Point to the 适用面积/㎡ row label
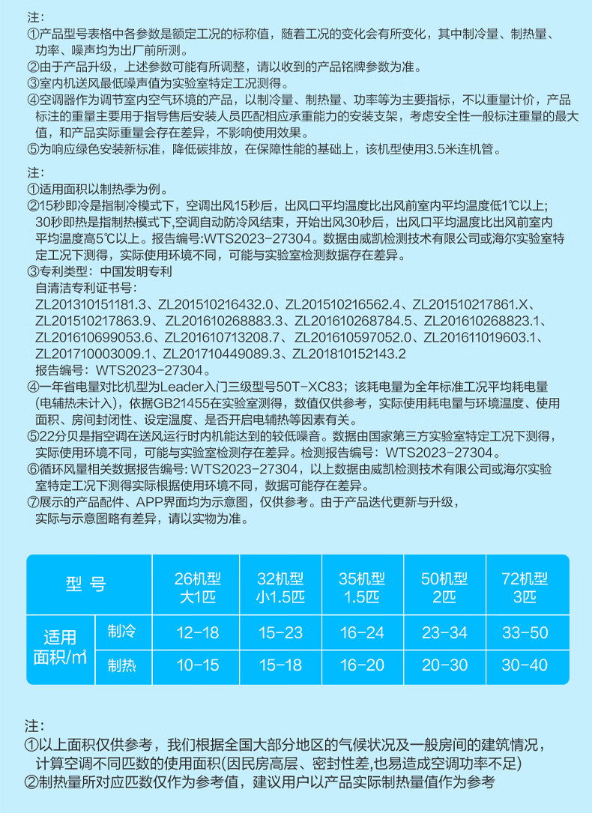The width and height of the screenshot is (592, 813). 61,649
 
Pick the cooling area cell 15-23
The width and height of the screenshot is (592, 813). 280,632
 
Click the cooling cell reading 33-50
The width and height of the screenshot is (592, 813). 526,632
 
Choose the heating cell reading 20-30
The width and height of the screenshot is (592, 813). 445,665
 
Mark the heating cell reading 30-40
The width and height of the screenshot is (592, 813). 526,665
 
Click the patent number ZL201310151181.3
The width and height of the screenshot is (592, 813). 93,304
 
